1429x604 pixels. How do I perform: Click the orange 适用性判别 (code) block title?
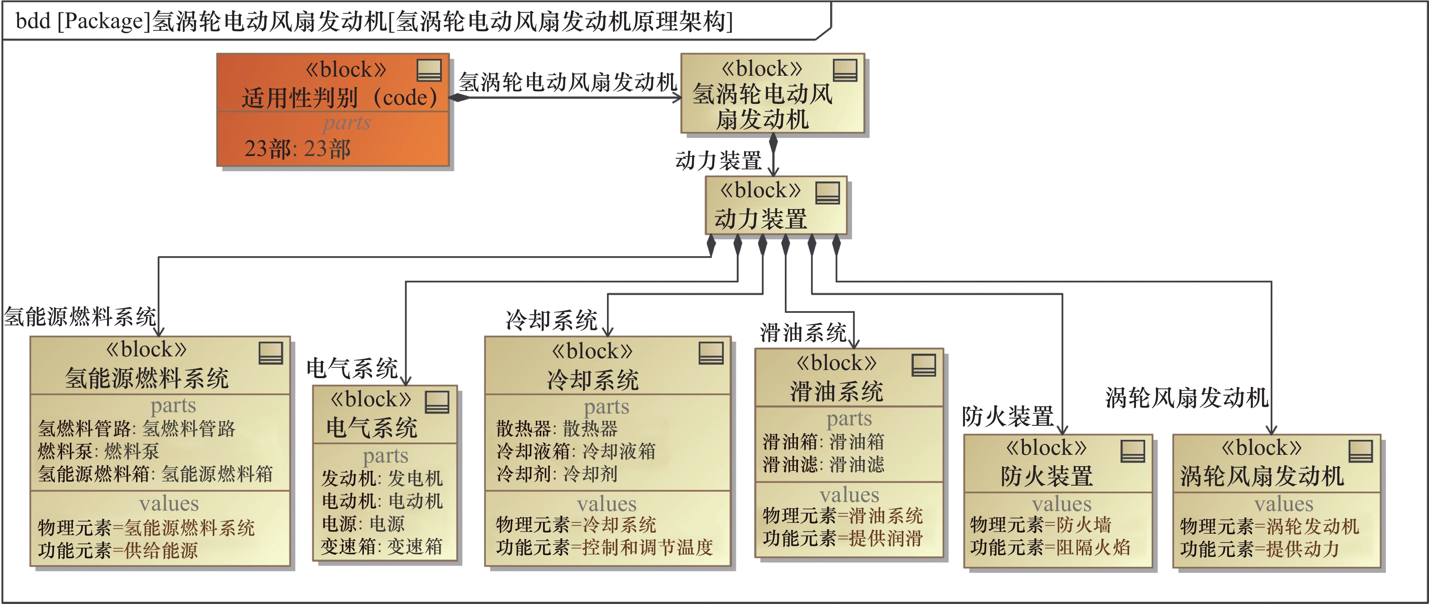click(339, 97)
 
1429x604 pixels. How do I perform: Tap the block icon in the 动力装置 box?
click(827, 193)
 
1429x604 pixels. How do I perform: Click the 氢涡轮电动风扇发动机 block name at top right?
click(762, 106)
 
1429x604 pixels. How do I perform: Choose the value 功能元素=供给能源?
click(117, 550)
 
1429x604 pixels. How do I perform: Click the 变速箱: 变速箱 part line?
click(381, 546)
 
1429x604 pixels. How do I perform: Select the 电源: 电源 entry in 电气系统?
click(363, 524)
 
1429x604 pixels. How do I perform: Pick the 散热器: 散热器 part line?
click(556, 428)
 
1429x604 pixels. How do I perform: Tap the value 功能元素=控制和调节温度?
click(604, 547)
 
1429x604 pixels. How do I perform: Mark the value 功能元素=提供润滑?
click(842, 538)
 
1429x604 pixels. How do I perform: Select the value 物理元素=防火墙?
click(1040, 525)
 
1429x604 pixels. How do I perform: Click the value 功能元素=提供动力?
click(1259, 549)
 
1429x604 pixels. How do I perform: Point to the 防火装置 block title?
click(1046, 476)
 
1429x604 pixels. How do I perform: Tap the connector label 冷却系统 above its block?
click(551, 320)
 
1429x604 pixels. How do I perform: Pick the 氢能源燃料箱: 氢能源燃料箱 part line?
click(155, 474)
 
